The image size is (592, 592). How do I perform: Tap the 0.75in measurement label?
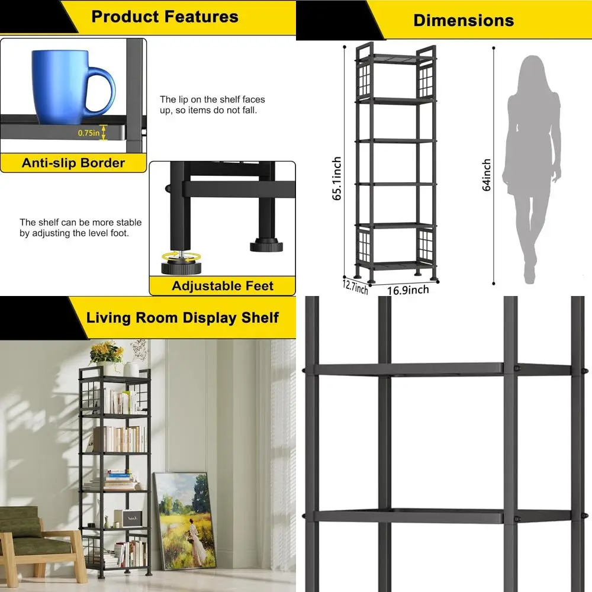tap(88, 133)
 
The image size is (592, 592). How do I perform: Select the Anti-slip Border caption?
tap(73, 163)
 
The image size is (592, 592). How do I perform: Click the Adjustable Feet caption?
tap(222, 286)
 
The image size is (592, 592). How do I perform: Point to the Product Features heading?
tap(165, 16)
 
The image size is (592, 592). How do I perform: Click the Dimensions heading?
tap(464, 20)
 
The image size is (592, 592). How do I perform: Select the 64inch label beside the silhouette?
tap(487, 175)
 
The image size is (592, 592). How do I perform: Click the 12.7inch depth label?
tap(355, 287)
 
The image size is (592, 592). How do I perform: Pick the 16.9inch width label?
tap(408, 289)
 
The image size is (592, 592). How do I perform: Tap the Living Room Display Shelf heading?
tap(182, 317)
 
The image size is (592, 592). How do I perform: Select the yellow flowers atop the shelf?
tap(107, 352)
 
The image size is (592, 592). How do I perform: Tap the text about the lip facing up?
tap(212, 105)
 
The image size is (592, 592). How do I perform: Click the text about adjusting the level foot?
tap(81, 228)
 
